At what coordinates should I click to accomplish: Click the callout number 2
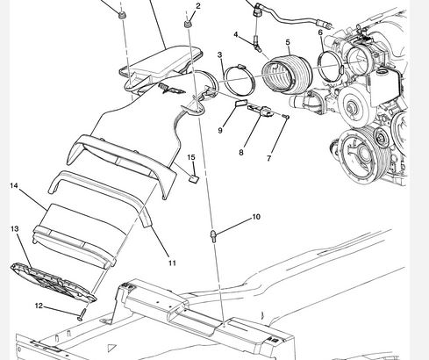click(198, 6)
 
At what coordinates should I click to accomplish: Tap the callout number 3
click(219, 54)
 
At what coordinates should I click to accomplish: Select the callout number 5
click(288, 42)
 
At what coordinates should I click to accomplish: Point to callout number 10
click(256, 217)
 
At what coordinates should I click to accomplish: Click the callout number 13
click(15, 228)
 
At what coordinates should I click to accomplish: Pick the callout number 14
click(14, 185)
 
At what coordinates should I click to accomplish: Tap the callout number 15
click(191, 157)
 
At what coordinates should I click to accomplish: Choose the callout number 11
click(173, 263)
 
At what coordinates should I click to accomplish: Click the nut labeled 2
click(188, 24)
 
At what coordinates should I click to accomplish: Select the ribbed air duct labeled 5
click(287, 73)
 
